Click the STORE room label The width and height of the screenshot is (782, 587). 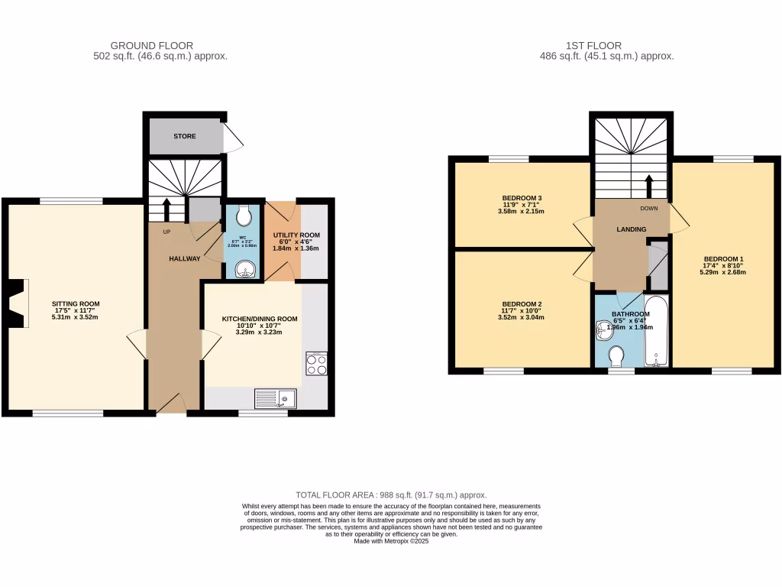point(184,137)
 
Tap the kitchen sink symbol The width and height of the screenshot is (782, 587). point(275,397)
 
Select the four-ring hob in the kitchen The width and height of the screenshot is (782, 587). point(317,364)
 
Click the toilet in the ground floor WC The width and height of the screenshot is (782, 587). point(244,217)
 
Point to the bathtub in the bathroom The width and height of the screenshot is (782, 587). point(656,330)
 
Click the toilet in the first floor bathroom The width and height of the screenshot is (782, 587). point(616,355)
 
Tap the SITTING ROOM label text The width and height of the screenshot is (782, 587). point(76,303)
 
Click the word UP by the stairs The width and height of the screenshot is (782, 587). point(165,231)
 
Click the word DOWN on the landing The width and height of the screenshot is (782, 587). point(650,208)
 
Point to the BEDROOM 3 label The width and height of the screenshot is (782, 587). point(522,199)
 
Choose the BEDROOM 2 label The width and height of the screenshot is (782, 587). point(522,304)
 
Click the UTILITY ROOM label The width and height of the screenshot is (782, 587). point(296,235)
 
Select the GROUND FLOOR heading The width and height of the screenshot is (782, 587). point(152,46)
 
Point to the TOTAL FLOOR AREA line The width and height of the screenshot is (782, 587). point(391,495)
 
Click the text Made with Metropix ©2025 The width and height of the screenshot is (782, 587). point(391,541)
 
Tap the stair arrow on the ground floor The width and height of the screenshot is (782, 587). point(167,207)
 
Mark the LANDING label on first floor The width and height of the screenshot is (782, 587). point(632,229)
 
